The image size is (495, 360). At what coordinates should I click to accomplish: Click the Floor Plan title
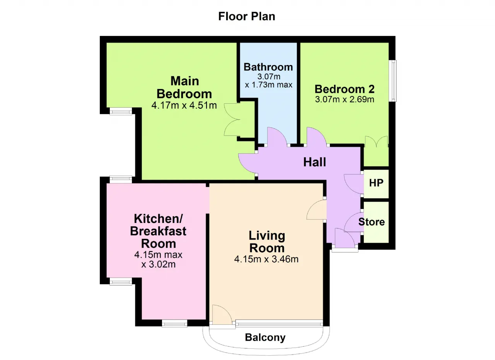tap(247, 16)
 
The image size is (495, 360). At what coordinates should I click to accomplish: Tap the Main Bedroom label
tap(184, 87)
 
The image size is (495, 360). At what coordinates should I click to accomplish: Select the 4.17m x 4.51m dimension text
tap(184, 105)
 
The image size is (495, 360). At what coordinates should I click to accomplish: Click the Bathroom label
tap(268, 67)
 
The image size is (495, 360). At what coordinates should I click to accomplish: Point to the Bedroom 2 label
tap(345, 89)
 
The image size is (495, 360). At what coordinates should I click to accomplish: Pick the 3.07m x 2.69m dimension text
tap(345, 99)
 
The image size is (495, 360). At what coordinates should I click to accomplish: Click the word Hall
tap(314, 162)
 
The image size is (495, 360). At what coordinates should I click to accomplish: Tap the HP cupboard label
tap(376, 183)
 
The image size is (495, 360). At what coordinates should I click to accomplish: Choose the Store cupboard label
tap(372, 222)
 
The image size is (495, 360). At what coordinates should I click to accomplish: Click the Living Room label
tap(267, 242)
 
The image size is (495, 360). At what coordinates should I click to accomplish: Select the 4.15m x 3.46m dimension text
tap(266, 259)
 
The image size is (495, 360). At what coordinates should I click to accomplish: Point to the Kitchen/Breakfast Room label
tap(158, 231)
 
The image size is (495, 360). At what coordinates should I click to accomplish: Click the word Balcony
tap(265, 338)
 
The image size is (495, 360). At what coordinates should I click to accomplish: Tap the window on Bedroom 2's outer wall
tap(393, 81)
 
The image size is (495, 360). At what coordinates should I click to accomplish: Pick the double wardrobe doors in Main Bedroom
tap(232, 120)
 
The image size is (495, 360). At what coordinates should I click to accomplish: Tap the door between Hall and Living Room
tap(316, 210)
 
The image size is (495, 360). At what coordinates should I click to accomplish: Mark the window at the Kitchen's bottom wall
tap(174, 323)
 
